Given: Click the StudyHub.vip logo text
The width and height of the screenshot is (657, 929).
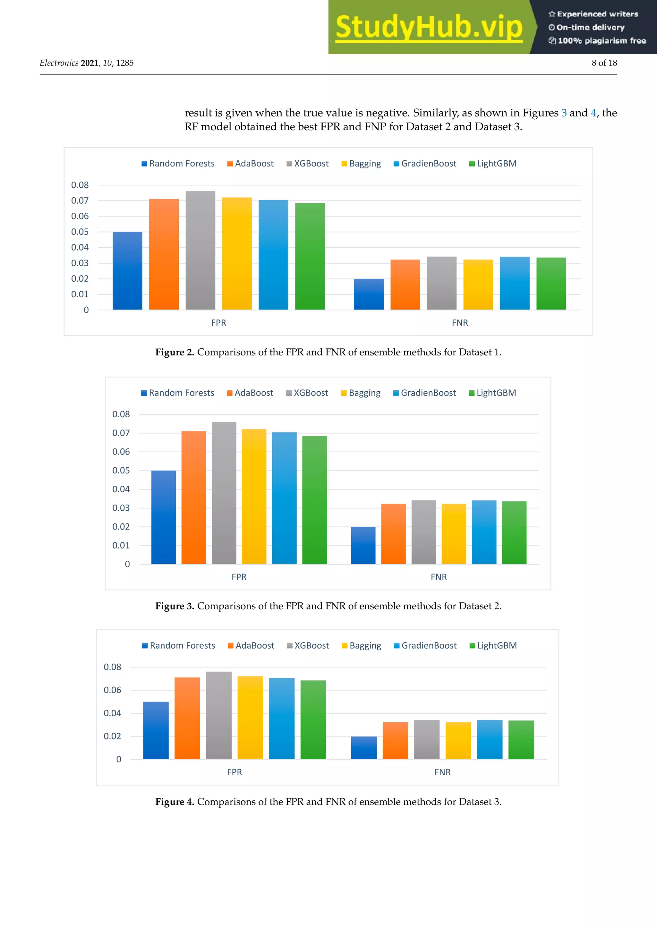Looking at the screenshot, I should [x=429, y=27].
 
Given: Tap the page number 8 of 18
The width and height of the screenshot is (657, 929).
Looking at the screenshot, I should [x=604, y=63].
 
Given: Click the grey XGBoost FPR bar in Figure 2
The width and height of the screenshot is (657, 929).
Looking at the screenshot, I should [x=200, y=251].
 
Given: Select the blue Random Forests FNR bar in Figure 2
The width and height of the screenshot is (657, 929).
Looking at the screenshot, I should [x=369, y=294].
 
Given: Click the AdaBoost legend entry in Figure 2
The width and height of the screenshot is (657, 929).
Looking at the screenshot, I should [x=251, y=164].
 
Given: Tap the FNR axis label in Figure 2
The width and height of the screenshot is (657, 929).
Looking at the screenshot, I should [x=460, y=323].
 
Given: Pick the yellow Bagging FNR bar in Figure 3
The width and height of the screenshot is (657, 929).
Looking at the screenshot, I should [x=454, y=534].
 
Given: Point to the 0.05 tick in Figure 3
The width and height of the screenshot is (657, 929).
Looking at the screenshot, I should [x=121, y=471].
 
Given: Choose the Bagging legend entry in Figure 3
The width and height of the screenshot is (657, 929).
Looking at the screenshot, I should [x=361, y=393].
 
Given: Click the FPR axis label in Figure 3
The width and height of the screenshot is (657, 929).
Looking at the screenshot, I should [x=239, y=577].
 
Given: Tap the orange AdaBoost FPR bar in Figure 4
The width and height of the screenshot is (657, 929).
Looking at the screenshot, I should [x=187, y=718].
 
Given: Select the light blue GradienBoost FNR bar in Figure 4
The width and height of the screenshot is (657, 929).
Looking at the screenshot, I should [x=490, y=740].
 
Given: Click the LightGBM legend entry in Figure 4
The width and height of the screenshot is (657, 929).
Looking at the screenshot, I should [x=493, y=646].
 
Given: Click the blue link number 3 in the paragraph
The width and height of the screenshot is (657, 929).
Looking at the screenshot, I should [x=564, y=113].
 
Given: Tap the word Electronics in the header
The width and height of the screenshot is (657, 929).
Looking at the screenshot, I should [x=59, y=63].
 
